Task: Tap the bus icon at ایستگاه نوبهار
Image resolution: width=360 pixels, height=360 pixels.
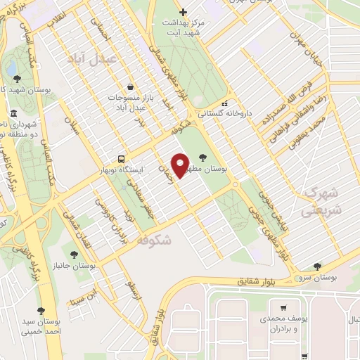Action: [x=122, y=159]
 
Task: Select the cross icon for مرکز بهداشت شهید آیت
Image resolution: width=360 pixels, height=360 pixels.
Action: [x=183, y=11]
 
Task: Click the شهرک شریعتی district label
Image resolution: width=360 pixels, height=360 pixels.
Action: [x=320, y=201]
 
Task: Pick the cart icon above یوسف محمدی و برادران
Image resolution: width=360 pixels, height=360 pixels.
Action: [x=283, y=308]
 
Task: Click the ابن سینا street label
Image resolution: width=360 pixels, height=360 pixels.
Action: [x=82, y=298]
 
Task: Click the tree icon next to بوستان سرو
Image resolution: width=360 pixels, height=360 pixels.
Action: [x=316, y=266]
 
